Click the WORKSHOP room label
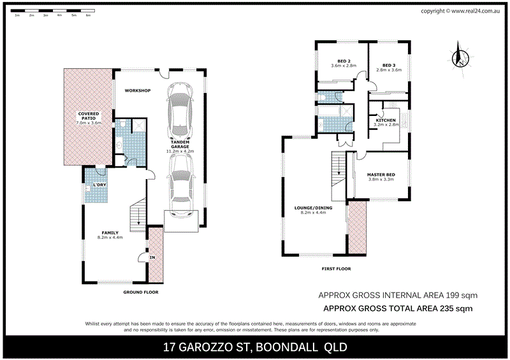coord(137,91)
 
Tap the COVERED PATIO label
coord(89,118)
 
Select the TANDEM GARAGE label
coord(180,146)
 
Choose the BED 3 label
coord(389,66)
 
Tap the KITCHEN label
coord(386,120)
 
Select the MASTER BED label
coord(382,175)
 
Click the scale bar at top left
coord(54,11)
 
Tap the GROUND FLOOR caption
coord(140,292)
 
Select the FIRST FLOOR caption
coord(336,269)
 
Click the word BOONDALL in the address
coord(293,347)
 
